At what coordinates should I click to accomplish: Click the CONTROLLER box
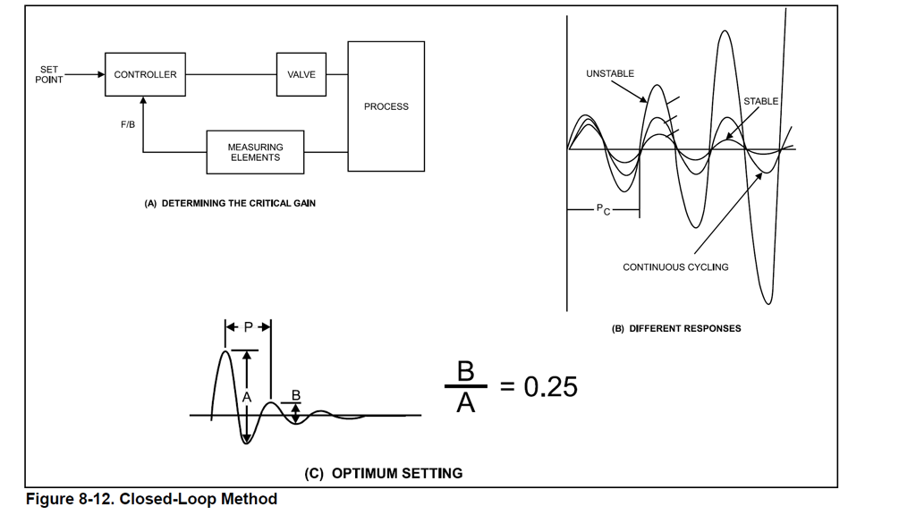point(145,75)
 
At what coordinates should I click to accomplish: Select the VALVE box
point(301,75)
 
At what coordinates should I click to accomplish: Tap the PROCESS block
point(386,106)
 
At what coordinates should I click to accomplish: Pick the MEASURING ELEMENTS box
point(255,152)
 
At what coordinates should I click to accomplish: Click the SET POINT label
point(49,75)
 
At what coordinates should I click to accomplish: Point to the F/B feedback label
point(128,124)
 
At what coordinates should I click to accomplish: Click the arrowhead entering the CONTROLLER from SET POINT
point(101,75)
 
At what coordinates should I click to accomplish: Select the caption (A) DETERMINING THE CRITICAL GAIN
point(230,204)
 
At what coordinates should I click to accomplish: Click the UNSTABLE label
point(610,73)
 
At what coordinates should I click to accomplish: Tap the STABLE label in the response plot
point(760,101)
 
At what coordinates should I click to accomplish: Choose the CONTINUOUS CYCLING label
point(675,267)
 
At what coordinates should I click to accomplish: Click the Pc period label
point(603,210)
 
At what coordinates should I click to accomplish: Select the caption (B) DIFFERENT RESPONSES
point(676,328)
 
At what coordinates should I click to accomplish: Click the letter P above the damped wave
point(249,327)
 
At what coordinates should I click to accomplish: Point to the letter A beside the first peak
point(248,396)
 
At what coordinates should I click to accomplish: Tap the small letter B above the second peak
point(296,394)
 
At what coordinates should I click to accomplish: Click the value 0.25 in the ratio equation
point(550,387)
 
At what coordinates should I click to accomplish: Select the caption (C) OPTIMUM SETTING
point(384,474)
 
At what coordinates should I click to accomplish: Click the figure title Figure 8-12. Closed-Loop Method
point(151,499)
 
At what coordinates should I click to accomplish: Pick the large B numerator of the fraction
point(466,371)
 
